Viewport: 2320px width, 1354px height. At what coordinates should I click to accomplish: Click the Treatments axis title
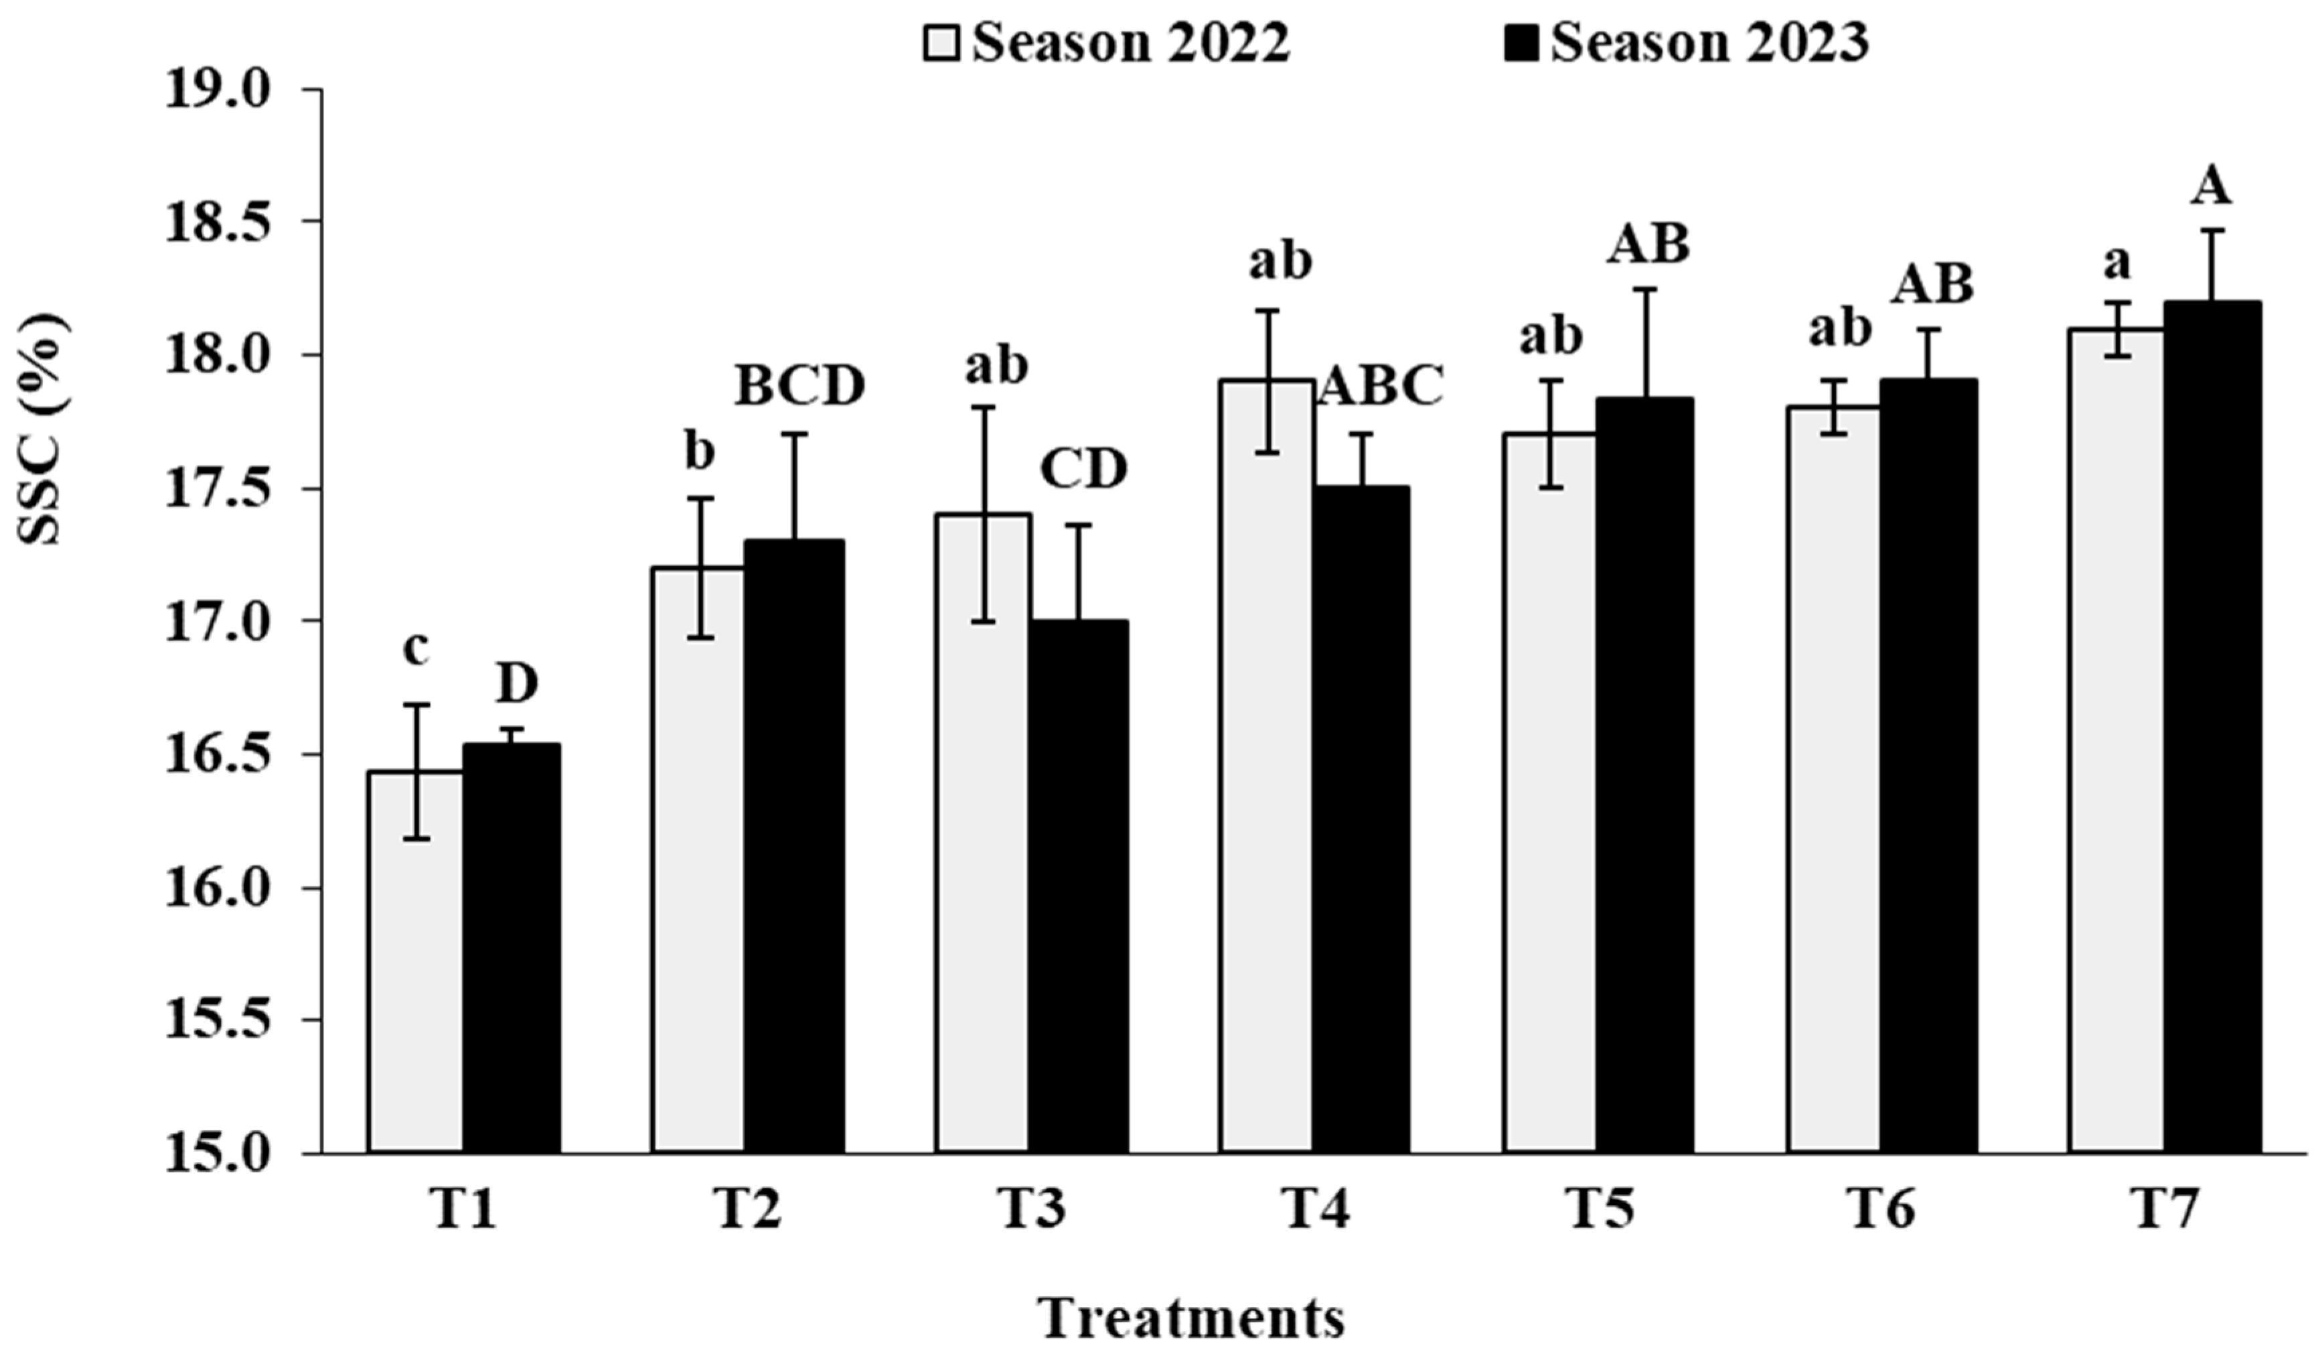coord(1192,1319)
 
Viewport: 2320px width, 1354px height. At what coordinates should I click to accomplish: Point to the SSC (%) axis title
coord(44,428)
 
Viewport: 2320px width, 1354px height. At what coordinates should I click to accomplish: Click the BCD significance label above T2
coord(799,387)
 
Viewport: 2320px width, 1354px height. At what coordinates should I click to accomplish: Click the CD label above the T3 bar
coord(1083,470)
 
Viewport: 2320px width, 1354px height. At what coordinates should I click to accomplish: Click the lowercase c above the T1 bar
coord(416,649)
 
